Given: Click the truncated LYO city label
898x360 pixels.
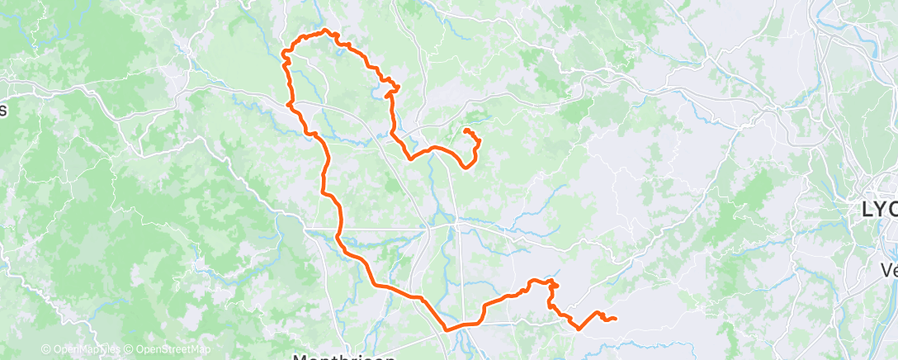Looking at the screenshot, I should coord(877,210).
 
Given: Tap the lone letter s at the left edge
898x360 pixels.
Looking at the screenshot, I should coord(3,110).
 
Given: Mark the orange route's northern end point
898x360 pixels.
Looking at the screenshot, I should coord(466,130).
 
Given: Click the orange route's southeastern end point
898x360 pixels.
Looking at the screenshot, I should coord(616,320).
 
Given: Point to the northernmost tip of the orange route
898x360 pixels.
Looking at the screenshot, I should coord(326,31).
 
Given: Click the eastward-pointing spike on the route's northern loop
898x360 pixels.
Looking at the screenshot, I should coord(399,86).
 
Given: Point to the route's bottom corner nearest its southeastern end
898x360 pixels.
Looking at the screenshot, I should coord(578,328).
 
